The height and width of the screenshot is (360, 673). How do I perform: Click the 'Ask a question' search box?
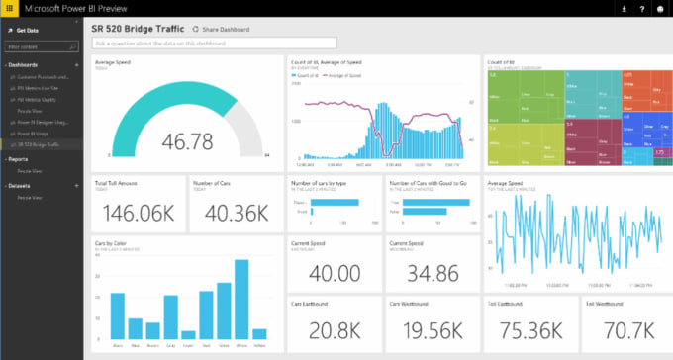[214, 44]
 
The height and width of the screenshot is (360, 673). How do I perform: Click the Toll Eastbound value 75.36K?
[529, 329]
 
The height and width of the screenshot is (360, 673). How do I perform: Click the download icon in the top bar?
[624, 8]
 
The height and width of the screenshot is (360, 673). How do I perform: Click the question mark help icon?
[641, 8]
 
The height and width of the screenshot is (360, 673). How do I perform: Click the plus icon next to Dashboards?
[77, 64]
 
